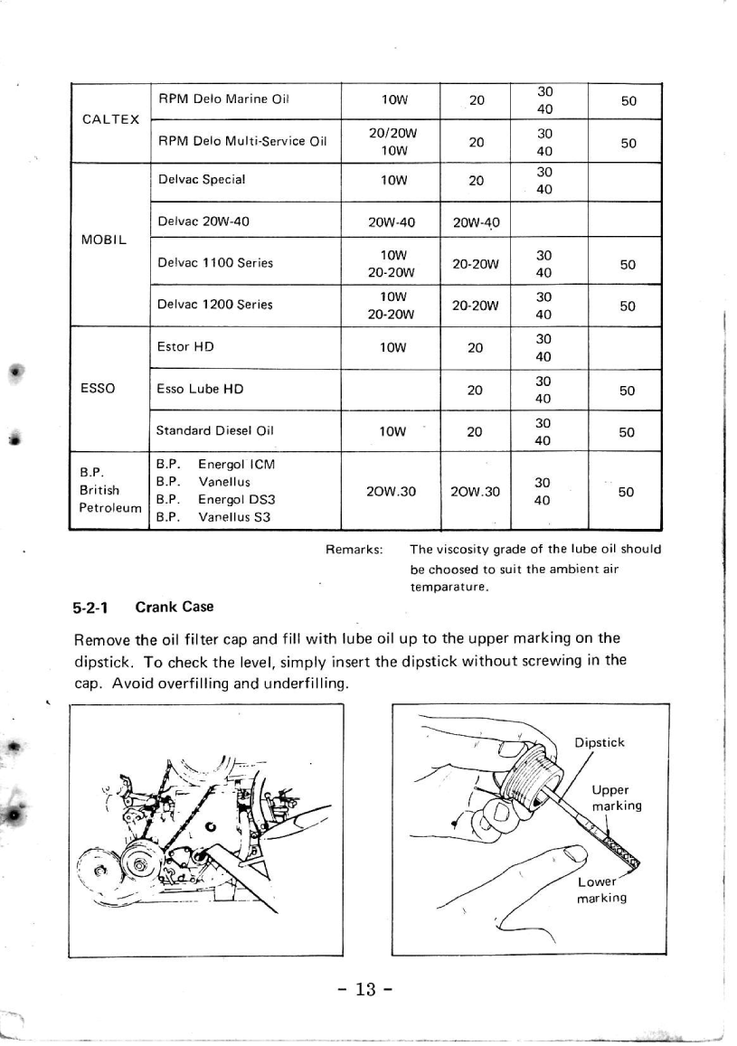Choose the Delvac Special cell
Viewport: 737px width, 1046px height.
click(x=201, y=179)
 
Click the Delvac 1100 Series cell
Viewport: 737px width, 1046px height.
click(x=215, y=263)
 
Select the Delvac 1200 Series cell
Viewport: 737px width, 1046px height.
click(x=215, y=306)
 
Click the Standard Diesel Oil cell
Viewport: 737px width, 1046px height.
click(x=211, y=432)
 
